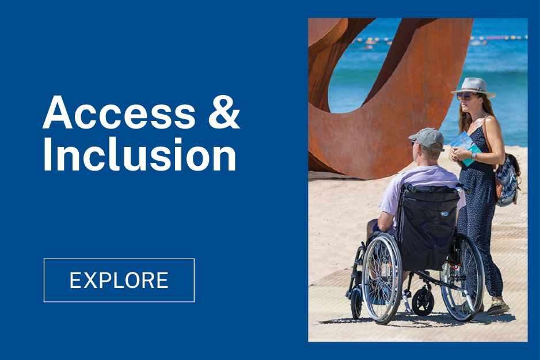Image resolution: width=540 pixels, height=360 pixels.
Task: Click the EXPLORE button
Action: (119, 280)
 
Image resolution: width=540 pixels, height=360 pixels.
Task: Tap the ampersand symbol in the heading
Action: (224, 113)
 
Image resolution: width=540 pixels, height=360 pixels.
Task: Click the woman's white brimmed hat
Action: (474, 88)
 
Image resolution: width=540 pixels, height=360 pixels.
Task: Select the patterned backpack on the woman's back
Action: (508, 180)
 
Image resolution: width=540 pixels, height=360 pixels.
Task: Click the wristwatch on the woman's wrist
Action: (474, 155)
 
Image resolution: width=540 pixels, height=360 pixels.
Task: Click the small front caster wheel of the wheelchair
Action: (423, 302)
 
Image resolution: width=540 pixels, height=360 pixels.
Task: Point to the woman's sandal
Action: (497, 306)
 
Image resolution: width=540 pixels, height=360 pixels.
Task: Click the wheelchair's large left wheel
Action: (382, 278)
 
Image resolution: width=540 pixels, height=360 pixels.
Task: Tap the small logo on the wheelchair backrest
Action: (444, 214)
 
